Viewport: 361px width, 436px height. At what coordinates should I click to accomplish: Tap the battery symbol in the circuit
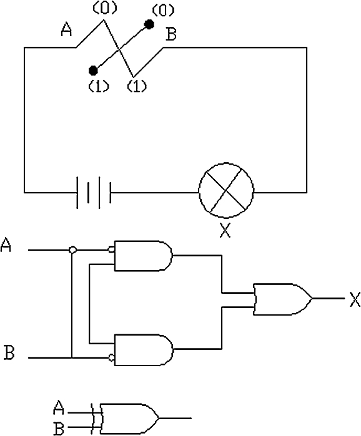[x=94, y=192]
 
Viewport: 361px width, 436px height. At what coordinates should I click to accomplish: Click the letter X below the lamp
[x=225, y=230]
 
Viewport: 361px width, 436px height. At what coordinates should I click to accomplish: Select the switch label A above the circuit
[x=66, y=30]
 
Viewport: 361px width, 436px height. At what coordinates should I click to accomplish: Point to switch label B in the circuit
[x=171, y=35]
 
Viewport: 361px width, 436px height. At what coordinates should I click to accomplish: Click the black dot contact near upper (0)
[x=149, y=24]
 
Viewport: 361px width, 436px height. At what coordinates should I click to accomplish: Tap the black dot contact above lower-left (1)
[x=93, y=70]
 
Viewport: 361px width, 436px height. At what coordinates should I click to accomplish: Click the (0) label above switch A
[x=104, y=8]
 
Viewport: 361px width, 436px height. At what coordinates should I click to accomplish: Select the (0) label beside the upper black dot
[x=163, y=11]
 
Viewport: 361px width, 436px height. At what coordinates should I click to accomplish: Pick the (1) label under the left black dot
[x=99, y=86]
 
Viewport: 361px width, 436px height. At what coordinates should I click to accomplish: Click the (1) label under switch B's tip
[x=137, y=86]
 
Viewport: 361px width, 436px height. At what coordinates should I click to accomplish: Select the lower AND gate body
[x=144, y=350]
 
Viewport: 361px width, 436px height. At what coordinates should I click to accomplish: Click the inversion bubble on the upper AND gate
[x=111, y=249]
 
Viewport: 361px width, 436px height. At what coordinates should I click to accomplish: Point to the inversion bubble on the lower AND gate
[x=111, y=357]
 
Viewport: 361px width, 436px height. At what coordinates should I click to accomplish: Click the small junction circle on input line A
[x=72, y=249]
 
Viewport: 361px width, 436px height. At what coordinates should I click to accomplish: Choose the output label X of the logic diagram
[x=355, y=299]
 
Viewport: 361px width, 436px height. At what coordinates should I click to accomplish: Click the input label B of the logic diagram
[x=9, y=352]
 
